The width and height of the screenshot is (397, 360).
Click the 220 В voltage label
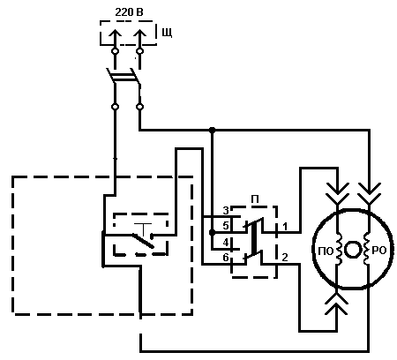coord(129,12)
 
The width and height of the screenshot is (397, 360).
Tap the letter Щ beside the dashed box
coord(167,33)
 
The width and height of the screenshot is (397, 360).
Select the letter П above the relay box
coord(255,199)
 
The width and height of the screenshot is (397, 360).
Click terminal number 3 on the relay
coord(226,210)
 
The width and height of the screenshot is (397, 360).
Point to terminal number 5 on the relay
coord(226,226)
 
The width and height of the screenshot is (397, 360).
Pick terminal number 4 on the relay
coord(226,243)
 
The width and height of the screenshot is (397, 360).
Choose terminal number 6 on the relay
coord(226,258)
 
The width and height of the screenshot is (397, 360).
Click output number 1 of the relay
coord(285,227)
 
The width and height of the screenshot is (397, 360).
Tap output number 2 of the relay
coord(285,258)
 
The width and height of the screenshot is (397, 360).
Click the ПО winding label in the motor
coord(326,251)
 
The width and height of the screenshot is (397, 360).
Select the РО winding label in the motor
coord(378,251)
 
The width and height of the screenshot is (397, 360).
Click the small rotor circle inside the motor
coord(352,250)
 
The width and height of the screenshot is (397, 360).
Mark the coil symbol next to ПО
coord(339,250)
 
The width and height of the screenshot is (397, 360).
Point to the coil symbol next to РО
coord(366,250)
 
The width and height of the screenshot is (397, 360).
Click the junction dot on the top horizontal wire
coord(212,130)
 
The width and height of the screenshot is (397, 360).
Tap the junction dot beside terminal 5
coord(212,233)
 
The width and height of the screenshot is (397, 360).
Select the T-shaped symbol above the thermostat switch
coord(143,229)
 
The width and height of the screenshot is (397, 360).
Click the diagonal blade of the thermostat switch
coord(142,241)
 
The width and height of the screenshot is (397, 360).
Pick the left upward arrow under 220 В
coord(116,37)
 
